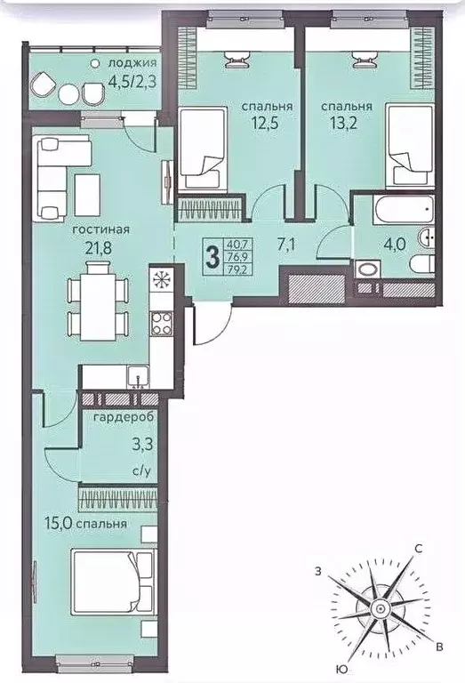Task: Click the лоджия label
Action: pyautogui.click(x=132, y=63)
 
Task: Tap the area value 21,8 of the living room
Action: pyautogui.click(x=100, y=249)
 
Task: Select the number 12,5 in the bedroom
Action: pyautogui.click(x=264, y=124)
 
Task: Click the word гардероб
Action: pyautogui.click(x=124, y=418)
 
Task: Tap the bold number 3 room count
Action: pyautogui.click(x=212, y=257)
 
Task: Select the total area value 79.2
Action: pyautogui.click(x=238, y=270)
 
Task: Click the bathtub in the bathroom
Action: pyautogui.click(x=404, y=210)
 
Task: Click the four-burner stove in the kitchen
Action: pyautogui.click(x=162, y=324)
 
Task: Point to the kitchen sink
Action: pyautogui.click(x=139, y=377)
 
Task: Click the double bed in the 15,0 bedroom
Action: pyautogui.click(x=114, y=582)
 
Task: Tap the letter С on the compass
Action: pyautogui.click(x=418, y=549)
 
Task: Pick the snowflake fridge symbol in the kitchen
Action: pyautogui.click(x=162, y=278)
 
